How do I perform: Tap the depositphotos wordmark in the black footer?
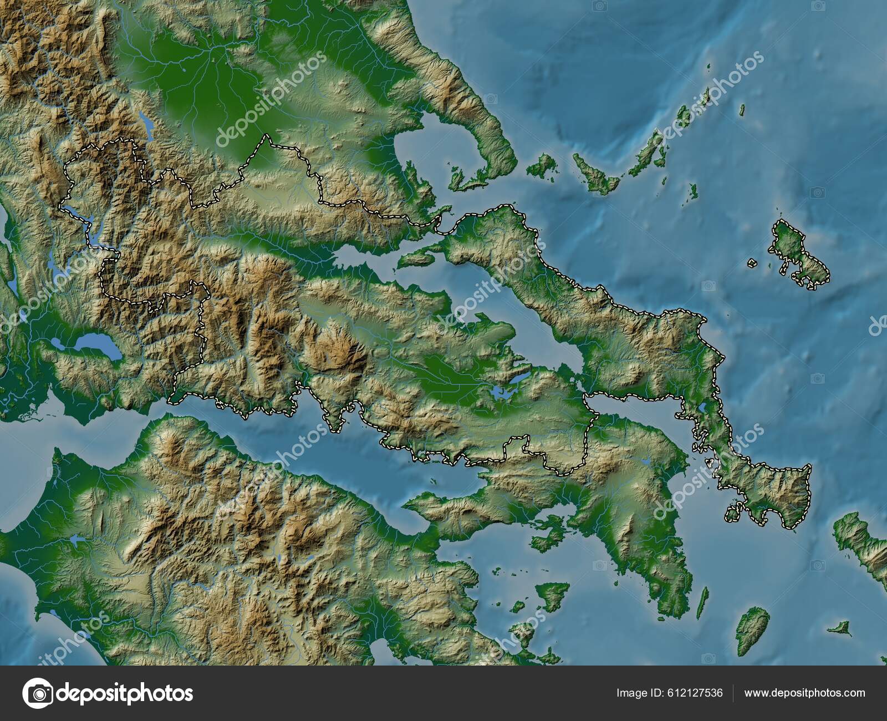[125, 693]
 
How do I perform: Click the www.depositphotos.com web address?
[804, 693]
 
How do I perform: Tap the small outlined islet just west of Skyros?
[752, 263]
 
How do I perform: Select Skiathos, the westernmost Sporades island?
[541, 165]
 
